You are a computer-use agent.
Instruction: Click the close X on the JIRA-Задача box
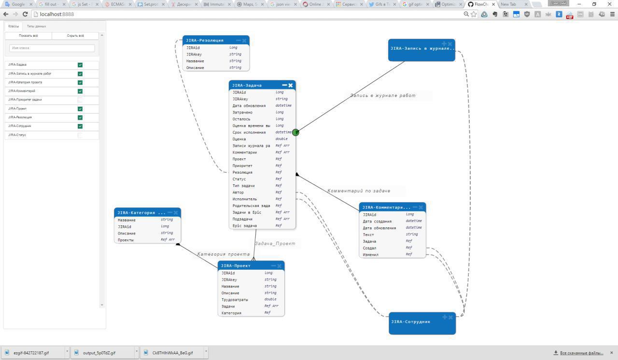[291, 85]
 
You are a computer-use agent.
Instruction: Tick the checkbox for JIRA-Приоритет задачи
[80, 100]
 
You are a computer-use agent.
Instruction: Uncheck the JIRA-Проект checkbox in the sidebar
[80, 109]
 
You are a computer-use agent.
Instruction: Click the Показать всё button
[28, 36]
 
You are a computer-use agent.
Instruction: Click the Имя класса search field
[52, 48]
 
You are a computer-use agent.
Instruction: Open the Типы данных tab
[37, 26]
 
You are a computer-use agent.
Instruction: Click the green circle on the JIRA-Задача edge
[295, 132]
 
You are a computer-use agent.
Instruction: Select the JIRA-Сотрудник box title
[411, 322]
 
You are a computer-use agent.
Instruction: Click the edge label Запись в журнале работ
[383, 96]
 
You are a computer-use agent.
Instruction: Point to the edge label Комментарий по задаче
[359, 191]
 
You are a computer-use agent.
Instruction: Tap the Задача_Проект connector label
[275, 244]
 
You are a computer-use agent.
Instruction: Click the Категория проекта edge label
[224, 254]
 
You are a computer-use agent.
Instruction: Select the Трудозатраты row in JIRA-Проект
[235, 300]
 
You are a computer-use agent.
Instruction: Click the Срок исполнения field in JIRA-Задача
[249, 132]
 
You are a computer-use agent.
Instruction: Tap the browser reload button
[25, 14]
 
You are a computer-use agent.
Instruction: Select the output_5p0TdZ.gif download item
[99, 353]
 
